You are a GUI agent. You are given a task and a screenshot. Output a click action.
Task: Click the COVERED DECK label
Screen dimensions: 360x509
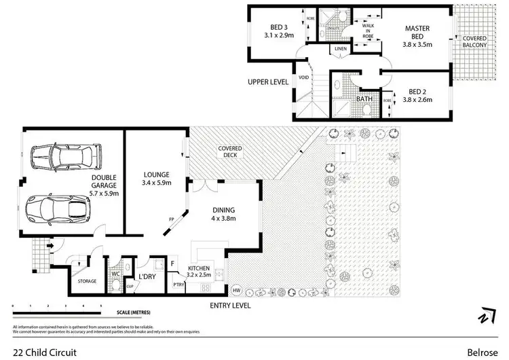230,151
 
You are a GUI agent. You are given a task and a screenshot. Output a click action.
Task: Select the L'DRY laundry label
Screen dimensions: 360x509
148,277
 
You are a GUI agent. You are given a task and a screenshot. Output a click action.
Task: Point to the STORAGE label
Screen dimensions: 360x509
87,281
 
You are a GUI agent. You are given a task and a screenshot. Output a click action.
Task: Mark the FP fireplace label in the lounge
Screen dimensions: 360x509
172,219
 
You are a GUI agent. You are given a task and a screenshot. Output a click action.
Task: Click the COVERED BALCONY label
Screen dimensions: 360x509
475,42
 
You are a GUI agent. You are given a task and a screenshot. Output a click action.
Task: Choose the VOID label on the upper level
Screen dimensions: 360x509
303,78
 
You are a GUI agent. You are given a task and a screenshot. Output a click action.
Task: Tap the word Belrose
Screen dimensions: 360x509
481,352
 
